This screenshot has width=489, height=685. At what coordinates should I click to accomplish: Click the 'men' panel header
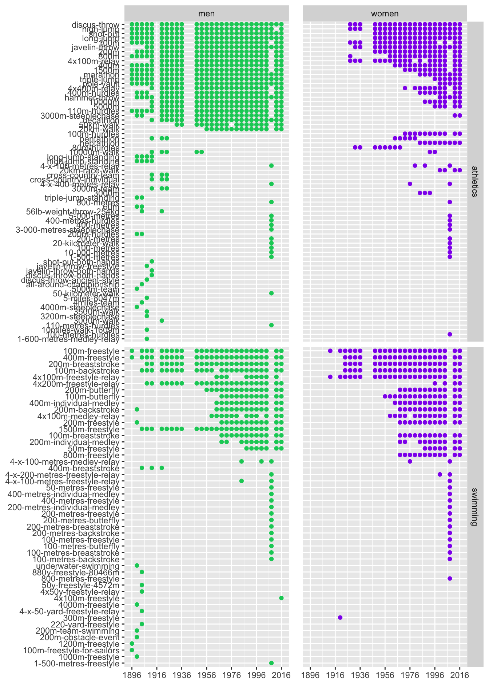206,14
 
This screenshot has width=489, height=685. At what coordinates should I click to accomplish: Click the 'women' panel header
385,14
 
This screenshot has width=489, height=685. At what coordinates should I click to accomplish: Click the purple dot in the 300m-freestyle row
340,617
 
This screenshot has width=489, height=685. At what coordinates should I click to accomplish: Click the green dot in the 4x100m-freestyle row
281,598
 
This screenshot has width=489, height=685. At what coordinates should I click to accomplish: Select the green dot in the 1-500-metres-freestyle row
271,663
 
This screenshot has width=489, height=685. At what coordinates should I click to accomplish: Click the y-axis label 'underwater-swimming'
78,566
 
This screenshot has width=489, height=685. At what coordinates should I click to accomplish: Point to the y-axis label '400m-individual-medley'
74,403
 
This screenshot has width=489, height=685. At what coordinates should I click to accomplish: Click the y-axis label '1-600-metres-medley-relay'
68,339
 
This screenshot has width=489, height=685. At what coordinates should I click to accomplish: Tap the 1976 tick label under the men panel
232,675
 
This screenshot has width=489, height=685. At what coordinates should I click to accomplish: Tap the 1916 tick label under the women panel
335,675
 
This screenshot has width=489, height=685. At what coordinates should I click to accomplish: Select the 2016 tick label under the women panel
460,675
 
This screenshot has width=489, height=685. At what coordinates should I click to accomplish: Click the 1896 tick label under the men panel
132,675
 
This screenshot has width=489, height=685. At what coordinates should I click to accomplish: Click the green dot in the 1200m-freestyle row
132,643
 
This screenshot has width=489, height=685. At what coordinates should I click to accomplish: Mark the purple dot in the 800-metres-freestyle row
450,578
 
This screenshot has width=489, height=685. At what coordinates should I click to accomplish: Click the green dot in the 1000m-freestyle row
137,656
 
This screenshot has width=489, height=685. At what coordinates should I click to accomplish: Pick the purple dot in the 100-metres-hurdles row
450,334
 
